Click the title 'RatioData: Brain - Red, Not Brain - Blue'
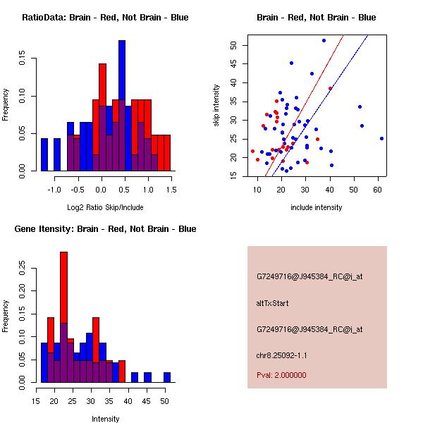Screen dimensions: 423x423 (104, 17)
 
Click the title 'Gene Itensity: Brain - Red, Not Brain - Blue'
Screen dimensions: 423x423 (104, 228)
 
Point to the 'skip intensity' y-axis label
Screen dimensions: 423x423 (216, 106)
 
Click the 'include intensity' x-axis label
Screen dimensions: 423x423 (316, 207)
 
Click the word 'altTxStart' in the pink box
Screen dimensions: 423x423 (272, 303)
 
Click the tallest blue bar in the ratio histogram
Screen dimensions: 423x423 (122, 106)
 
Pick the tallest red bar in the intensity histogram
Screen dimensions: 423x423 (64, 317)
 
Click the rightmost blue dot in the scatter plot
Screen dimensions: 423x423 (381, 138)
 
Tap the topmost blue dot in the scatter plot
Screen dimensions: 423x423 (324, 40)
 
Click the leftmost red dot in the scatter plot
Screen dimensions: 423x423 (252, 151)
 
